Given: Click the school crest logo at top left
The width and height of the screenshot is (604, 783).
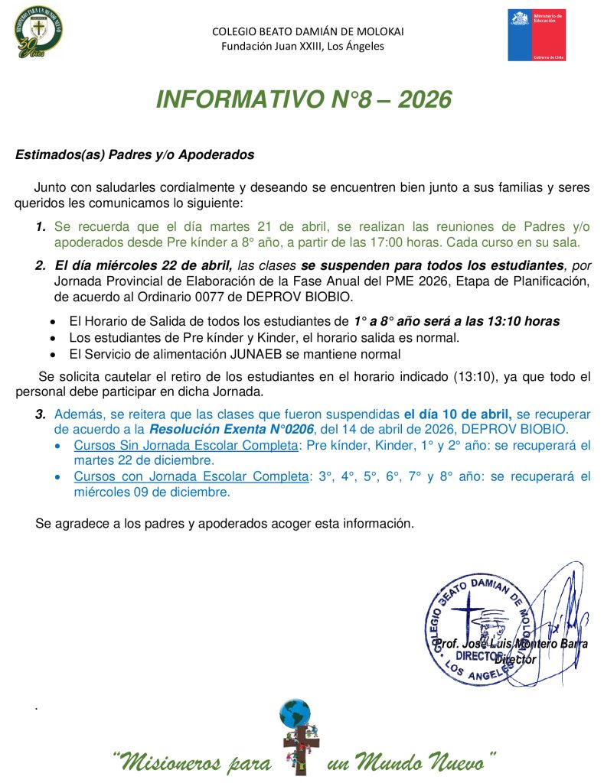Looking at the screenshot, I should click(38, 34).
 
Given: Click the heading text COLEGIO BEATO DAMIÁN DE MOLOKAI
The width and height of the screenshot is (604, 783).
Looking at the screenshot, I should click(308, 31).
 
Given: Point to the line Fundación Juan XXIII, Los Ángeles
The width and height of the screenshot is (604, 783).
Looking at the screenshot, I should click(302, 46).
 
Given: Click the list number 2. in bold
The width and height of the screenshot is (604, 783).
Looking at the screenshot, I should click(41, 266).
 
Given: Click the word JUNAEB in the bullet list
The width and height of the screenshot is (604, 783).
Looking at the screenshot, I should click(216, 354).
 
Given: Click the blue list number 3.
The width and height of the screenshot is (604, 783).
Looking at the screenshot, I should click(41, 414).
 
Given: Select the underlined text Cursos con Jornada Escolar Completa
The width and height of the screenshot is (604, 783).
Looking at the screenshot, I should click(191, 476).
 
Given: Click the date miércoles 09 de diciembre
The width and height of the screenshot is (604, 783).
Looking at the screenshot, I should click(152, 492).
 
